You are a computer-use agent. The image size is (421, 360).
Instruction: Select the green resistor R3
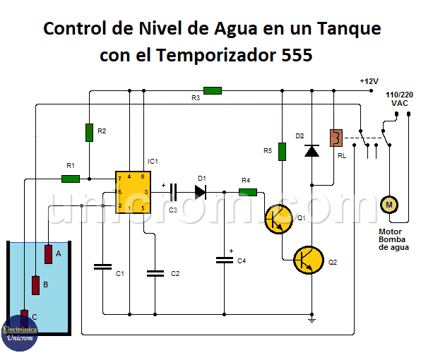213,90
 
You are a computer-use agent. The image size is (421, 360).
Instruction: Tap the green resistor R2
89,131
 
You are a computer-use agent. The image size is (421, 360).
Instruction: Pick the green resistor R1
71,179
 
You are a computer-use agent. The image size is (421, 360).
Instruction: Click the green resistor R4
247,191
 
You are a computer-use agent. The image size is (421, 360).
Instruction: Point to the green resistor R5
282,151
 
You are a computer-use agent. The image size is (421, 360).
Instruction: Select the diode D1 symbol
200,191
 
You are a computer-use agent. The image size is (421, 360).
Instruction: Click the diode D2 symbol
312,150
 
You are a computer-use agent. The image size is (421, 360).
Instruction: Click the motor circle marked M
387,205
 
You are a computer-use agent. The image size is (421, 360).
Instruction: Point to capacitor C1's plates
102,267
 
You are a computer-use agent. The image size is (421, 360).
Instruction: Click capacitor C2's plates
154,272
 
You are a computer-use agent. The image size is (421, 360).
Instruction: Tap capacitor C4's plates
224,259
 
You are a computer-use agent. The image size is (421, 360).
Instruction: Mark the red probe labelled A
49,253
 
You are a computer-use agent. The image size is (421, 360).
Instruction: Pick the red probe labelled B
36,284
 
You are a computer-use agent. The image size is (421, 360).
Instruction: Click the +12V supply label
369,81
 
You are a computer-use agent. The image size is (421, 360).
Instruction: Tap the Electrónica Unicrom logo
19,333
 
